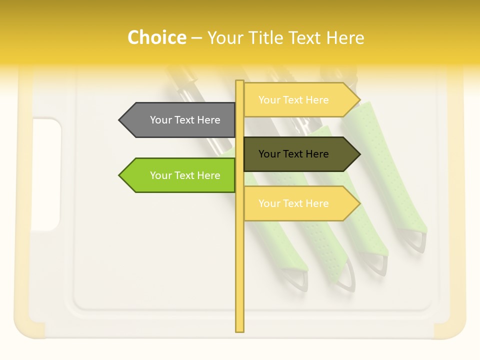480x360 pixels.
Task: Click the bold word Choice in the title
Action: [156, 37]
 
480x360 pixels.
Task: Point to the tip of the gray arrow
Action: [119, 120]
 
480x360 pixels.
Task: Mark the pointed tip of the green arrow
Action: [119, 175]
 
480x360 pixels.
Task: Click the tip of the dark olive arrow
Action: [359, 154]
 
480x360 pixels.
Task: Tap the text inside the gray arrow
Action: [185, 120]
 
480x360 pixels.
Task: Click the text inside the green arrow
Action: [185, 175]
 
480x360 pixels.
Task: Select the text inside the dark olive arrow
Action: [293, 154]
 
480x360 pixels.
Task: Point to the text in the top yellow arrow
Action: [293, 100]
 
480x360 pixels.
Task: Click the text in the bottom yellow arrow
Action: [293, 203]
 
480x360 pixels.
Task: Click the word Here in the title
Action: [345, 37]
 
